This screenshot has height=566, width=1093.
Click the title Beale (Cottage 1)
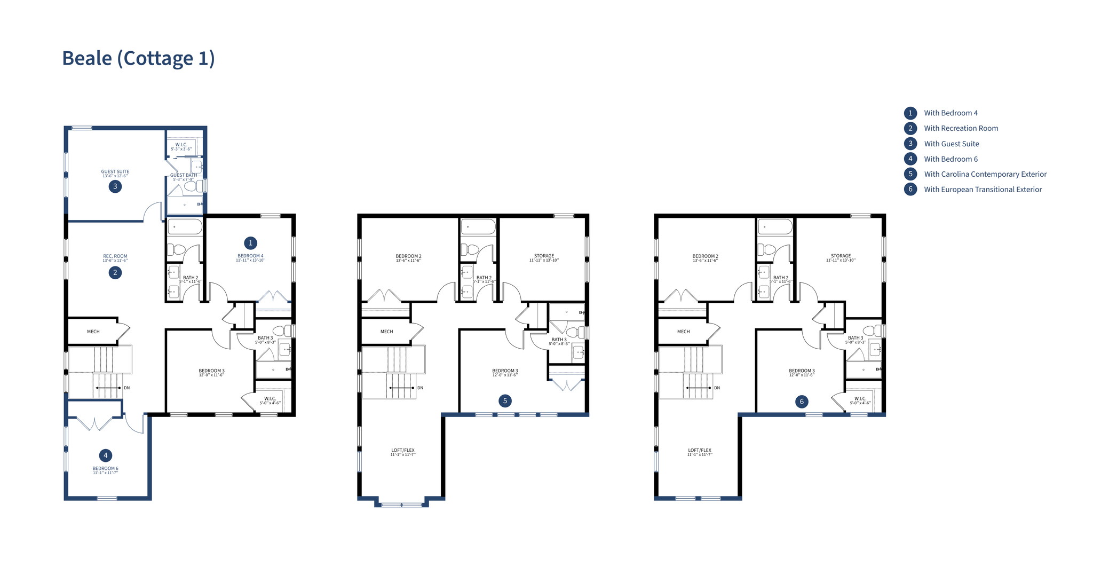[138, 58]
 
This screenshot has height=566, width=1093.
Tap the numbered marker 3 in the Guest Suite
[115, 186]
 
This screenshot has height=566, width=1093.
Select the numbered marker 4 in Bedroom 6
[106, 455]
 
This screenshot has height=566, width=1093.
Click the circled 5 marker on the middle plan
[505, 400]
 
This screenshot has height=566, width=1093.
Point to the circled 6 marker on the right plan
[802, 402]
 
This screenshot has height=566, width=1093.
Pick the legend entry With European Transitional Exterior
[983, 190]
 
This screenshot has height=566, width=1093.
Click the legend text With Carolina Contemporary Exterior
[985, 174]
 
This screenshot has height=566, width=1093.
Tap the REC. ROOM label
[115, 256]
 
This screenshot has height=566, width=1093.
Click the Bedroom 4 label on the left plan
[250, 256]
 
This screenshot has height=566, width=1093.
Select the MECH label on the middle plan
[387, 332]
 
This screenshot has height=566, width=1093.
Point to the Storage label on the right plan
[841, 256]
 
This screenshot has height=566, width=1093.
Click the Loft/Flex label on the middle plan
[403, 451]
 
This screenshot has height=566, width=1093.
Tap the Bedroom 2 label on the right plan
[705, 256]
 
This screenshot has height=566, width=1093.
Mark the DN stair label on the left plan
[127, 388]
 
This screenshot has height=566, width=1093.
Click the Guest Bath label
[184, 175]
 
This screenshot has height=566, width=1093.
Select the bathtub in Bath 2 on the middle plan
[479, 226]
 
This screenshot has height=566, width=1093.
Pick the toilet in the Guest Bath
[199, 186]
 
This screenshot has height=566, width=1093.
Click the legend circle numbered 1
[910, 113]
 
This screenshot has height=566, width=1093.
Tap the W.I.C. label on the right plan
[860, 399]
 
